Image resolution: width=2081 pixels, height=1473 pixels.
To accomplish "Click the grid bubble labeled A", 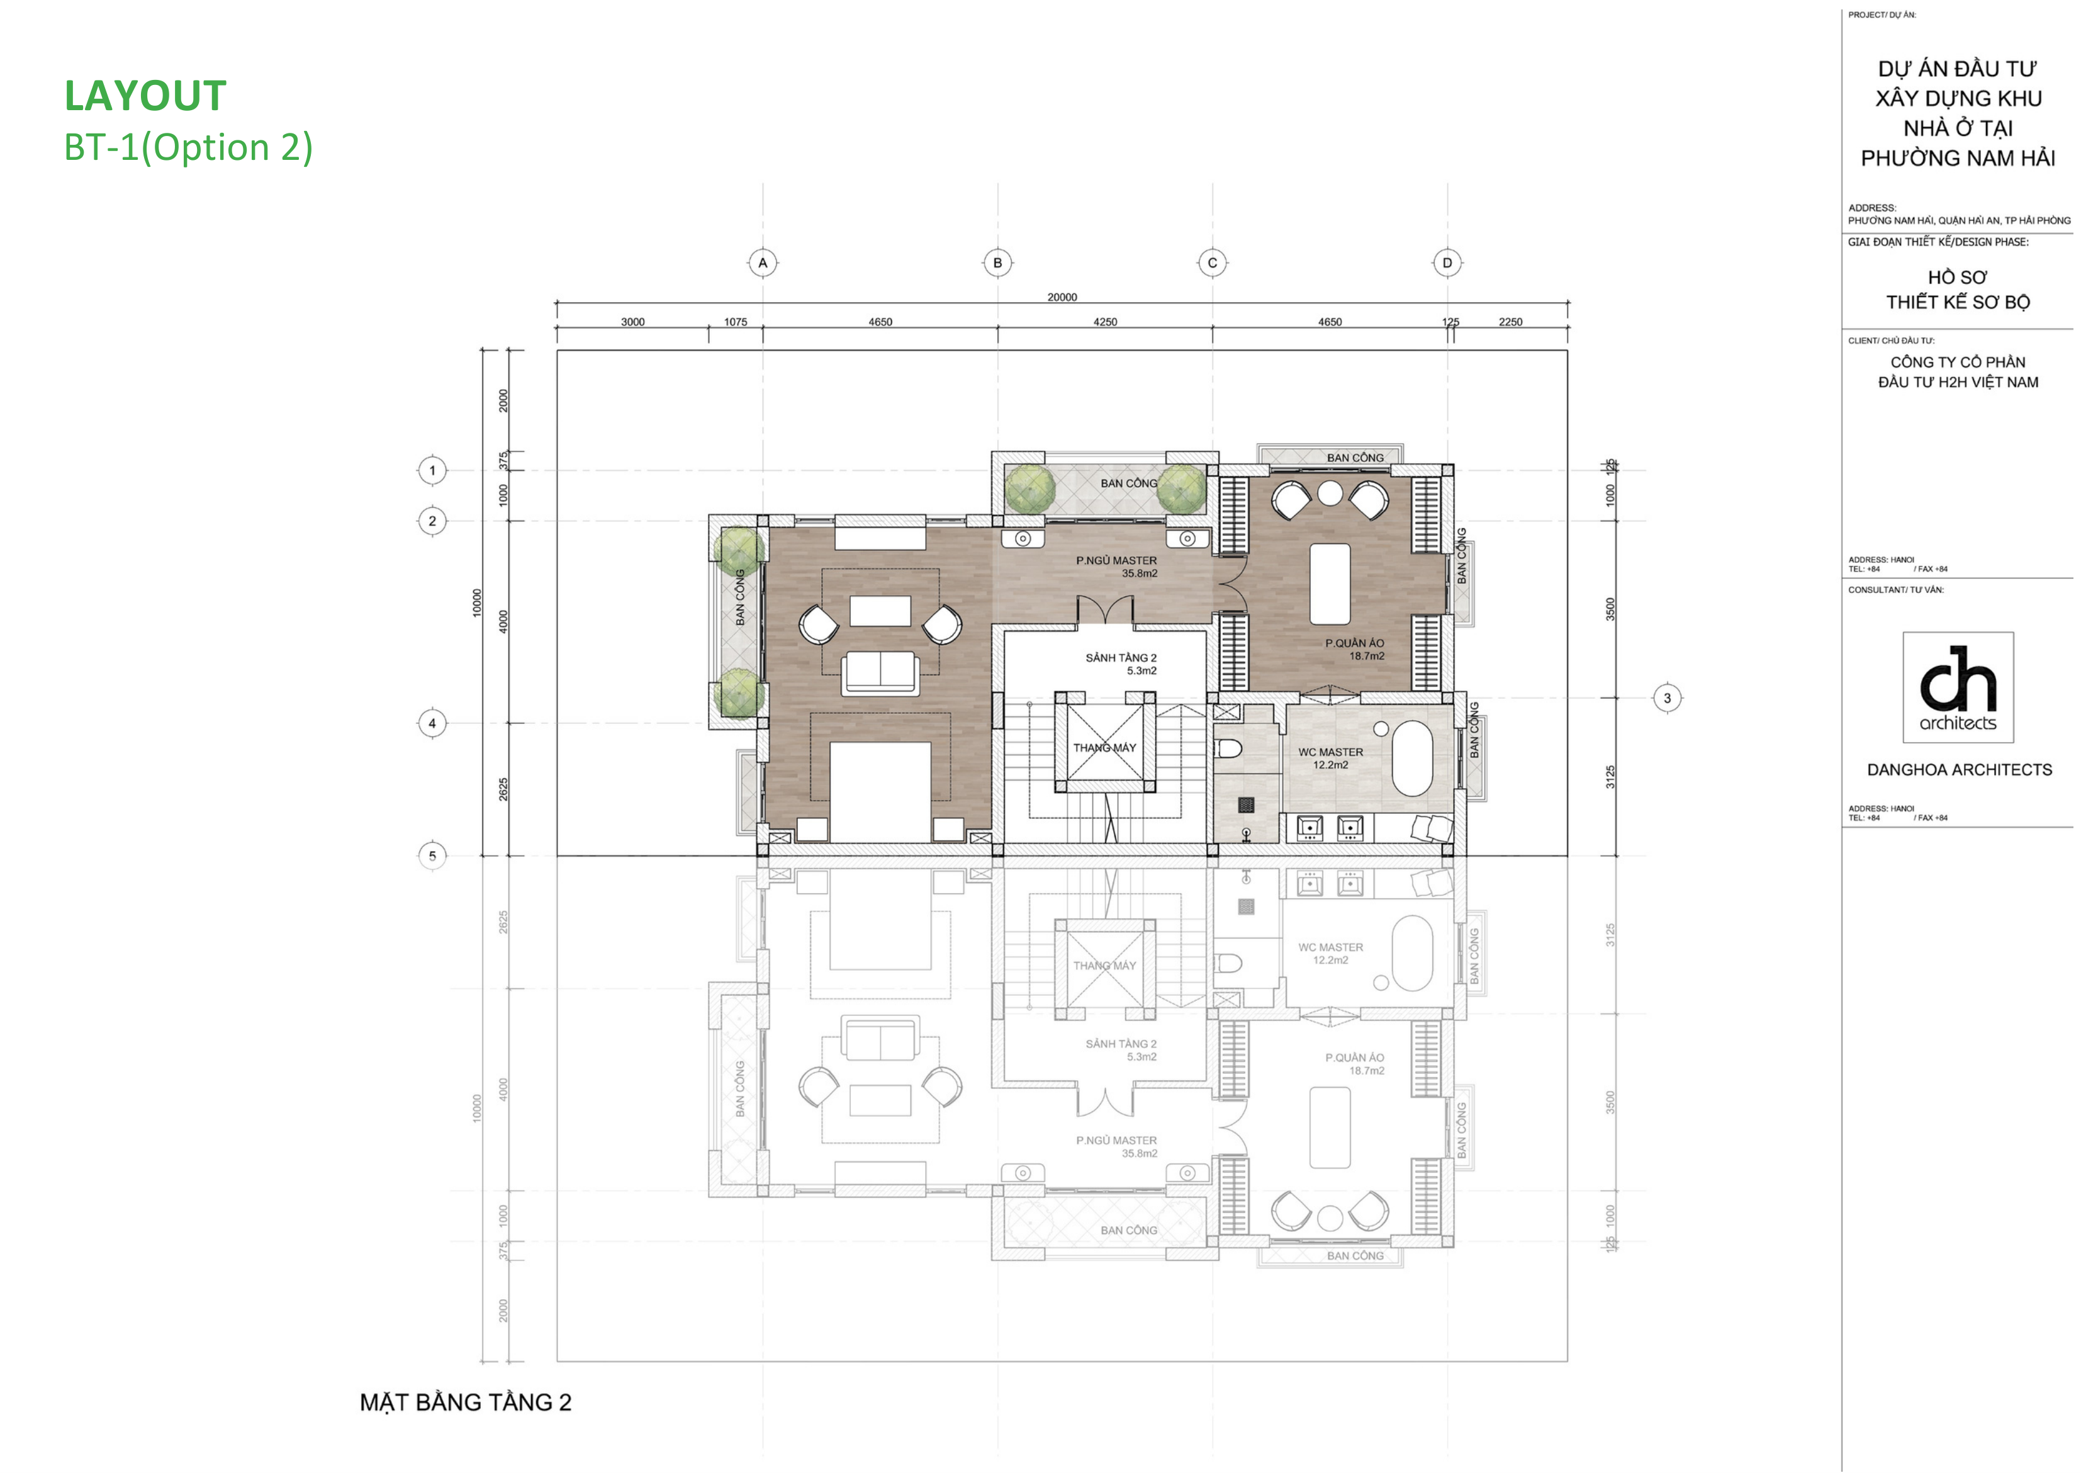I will [x=763, y=263].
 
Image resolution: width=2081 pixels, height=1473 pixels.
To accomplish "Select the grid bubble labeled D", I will [x=1447, y=263].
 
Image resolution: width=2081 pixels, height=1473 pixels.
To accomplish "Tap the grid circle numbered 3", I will [x=1666, y=698].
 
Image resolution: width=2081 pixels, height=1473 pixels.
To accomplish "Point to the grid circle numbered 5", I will [x=432, y=855].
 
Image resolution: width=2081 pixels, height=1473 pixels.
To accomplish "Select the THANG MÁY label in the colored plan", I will [x=1104, y=747].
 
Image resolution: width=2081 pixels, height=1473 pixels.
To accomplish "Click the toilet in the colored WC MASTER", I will [x=1228, y=748].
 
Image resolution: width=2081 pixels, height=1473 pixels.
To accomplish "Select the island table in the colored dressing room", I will [x=1329, y=583].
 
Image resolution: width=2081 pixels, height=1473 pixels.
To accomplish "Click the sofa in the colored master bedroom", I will [x=880, y=673].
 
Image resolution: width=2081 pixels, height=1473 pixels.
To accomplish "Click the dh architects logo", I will [x=1958, y=687].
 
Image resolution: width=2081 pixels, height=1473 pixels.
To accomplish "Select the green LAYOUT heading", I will [x=145, y=96].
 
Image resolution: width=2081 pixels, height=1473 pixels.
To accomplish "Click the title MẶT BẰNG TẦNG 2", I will [x=465, y=1402].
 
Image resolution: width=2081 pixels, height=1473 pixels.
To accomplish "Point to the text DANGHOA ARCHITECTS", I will [x=1958, y=770].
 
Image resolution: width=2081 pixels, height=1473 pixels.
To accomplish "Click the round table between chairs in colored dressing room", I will [x=1329, y=492].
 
